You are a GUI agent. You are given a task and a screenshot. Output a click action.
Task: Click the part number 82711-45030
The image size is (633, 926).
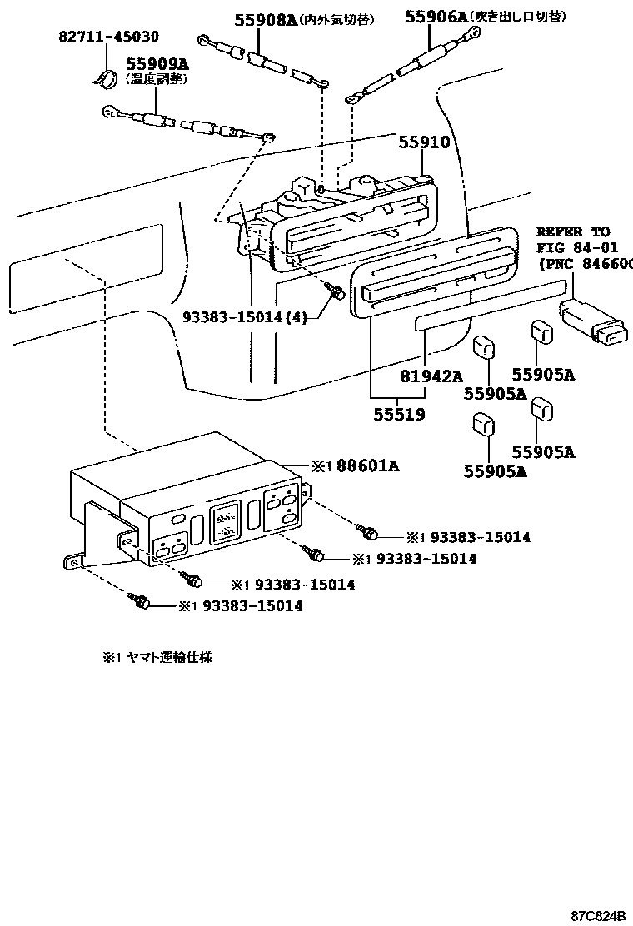[108, 37]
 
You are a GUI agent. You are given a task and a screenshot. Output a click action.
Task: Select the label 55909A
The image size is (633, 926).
[157, 63]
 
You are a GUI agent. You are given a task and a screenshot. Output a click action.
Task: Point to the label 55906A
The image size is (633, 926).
[436, 16]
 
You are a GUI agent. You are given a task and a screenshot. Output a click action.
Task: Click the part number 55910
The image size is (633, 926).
[423, 142]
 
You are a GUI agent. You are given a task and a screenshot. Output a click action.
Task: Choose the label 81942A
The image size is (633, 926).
[431, 376]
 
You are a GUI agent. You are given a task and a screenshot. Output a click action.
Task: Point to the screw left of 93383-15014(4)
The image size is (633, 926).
[336, 292]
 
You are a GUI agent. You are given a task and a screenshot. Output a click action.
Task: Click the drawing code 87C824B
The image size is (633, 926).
[597, 915]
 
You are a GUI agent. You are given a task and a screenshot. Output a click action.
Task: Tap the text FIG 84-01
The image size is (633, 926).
[575, 247]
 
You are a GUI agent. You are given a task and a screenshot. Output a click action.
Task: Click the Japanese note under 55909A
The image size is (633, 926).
[157, 79]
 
